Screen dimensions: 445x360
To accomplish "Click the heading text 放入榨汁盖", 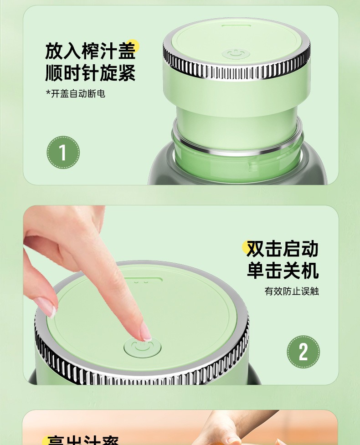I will (x=90, y=51).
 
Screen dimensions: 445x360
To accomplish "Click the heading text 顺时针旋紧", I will (x=90, y=73).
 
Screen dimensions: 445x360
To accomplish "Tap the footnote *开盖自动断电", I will (x=75, y=94).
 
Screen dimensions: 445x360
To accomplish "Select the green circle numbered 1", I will (x=63, y=153).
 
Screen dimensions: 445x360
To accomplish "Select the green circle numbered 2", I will (x=303, y=352).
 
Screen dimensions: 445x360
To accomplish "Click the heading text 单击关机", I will (x=282, y=271).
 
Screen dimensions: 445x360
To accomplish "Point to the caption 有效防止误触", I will (x=292, y=291).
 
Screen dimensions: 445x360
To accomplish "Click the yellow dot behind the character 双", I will (x=248, y=246).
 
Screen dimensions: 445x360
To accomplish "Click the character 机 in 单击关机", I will (x=309, y=271).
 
